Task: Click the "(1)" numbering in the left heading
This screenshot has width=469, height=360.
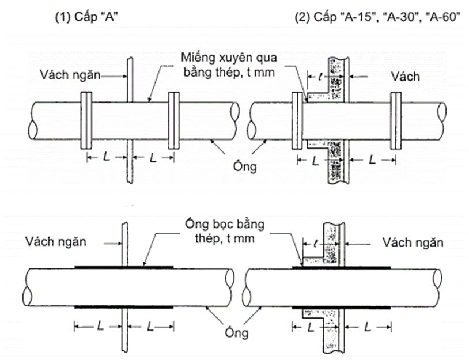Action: click(x=62, y=17)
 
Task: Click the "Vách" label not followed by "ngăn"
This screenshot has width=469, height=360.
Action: click(x=402, y=76)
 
